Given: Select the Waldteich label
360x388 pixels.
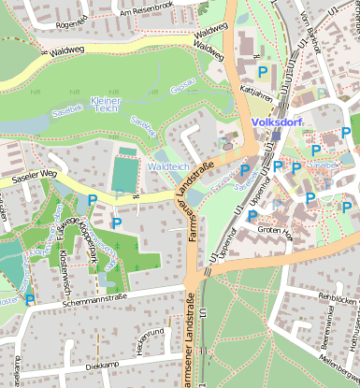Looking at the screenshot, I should (168, 165).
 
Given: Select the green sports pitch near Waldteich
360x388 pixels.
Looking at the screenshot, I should (122, 174).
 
